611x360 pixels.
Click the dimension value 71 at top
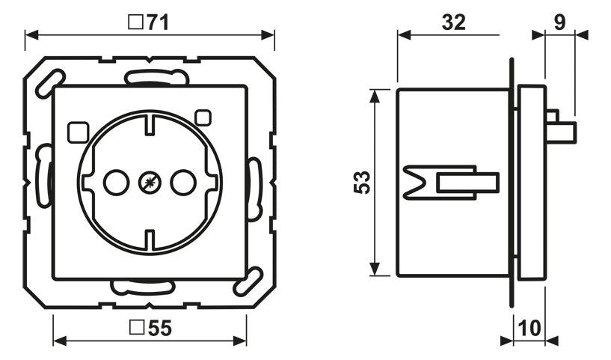click(156, 22)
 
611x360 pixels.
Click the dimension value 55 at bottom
click(156, 327)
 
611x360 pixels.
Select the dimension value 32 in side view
click(452, 22)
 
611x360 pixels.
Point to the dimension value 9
click(559, 22)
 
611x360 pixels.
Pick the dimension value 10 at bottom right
click(529, 327)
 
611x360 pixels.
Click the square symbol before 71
click(136, 22)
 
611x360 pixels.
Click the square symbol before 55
click(136, 327)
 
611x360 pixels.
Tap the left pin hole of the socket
click(115, 181)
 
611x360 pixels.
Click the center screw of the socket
click(149, 181)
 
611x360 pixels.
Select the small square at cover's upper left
click(76, 132)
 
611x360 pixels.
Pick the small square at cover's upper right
click(202, 117)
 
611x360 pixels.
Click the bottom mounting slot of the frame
click(142, 287)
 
